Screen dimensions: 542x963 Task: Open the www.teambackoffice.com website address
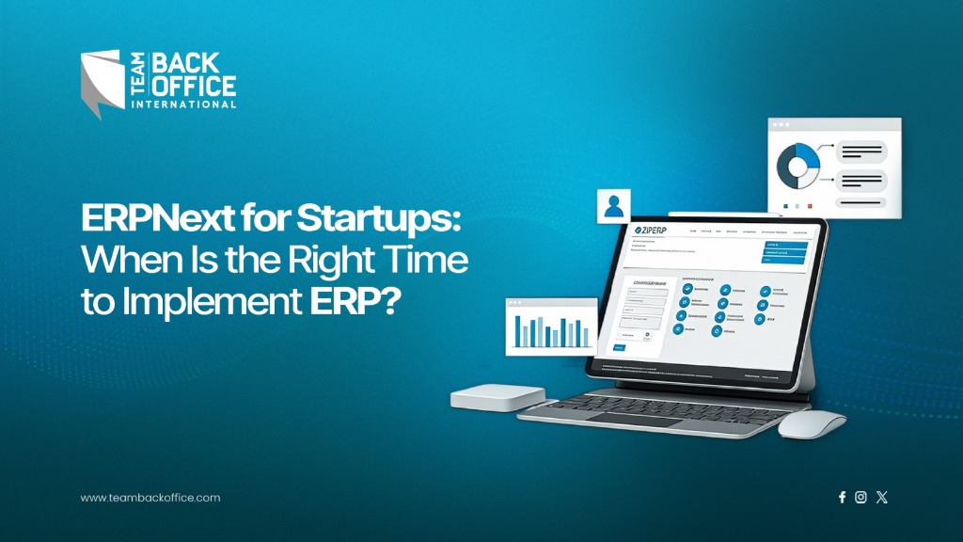coord(150,498)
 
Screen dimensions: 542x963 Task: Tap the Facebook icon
coord(842,498)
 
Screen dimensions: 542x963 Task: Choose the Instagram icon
coord(860,498)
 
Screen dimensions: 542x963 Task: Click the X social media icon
coord(881,498)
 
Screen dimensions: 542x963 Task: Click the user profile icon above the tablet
coord(613,206)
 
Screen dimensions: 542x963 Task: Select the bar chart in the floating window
coord(550,330)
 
